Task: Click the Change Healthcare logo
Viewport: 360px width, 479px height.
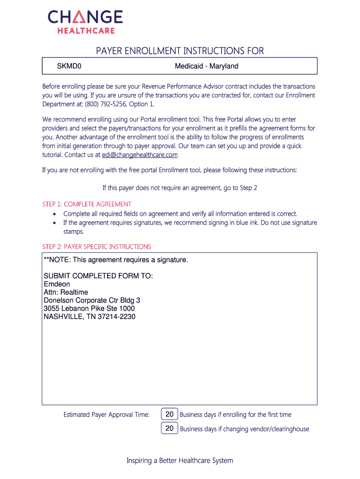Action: click(85, 22)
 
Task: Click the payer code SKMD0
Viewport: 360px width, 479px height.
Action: click(69, 66)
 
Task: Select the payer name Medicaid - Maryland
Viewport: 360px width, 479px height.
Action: click(206, 66)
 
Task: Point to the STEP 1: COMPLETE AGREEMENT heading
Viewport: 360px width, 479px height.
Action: click(86, 204)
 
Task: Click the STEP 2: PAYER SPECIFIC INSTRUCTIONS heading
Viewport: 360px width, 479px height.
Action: click(97, 247)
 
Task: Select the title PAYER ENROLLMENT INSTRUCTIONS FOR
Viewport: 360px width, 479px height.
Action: click(180, 51)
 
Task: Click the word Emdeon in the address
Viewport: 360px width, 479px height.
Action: click(57, 284)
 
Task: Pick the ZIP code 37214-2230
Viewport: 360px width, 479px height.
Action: click(116, 317)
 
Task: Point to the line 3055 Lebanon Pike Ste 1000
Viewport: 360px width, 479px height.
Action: click(89, 309)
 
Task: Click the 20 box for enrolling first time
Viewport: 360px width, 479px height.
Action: click(169, 414)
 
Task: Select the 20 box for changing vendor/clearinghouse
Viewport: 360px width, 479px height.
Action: click(169, 428)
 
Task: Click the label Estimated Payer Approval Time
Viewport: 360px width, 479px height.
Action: click(106, 414)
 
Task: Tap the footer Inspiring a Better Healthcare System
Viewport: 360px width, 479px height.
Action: click(180, 461)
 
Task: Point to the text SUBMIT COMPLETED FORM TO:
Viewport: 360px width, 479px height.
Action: click(98, 276)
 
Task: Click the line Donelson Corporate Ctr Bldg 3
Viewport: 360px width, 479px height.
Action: click(92, 300)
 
